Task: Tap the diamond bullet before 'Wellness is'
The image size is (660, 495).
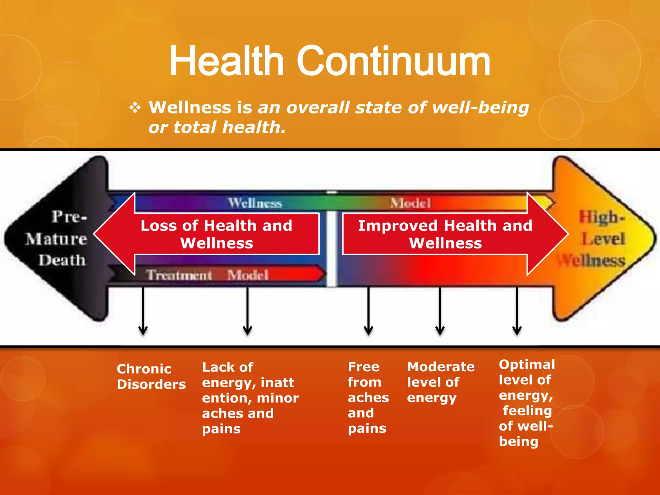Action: [135, 107]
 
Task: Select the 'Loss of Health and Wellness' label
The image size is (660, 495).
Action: [217, 234]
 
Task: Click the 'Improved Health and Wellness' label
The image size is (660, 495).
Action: [445, 234]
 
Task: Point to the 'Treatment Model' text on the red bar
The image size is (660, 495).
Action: [207, 275]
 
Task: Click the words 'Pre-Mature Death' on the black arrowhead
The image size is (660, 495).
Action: [60, 238]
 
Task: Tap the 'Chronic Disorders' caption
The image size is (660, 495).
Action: [151, 376]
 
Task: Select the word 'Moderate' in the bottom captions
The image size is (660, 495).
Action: [441, 367]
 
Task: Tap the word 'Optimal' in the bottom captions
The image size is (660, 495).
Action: [527, 364]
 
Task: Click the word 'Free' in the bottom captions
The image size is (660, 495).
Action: [364, 367]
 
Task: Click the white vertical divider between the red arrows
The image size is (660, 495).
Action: [332, 248]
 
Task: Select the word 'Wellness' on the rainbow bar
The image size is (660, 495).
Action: [255, 203]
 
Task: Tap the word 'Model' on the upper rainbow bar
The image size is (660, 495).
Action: [410, 203]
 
